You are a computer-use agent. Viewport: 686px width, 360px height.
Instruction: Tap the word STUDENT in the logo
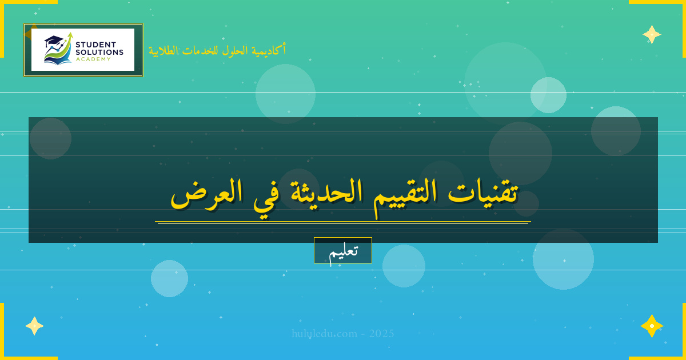pyautogui.click(x=95, y=45)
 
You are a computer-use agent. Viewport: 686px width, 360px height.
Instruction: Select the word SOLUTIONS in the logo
pyautogui.click(x=99, y=52)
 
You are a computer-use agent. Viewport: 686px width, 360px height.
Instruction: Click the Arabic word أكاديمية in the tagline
pyautogui.click(x=269, y=50)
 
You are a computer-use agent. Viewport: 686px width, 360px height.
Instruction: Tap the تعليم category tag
pyautogui.click(x=343, y=250)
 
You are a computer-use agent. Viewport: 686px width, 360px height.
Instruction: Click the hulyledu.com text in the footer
pyautogui.click(x=325, y=334)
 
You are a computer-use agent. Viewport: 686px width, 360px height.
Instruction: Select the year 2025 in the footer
pyautogui.click(x=382, y=334)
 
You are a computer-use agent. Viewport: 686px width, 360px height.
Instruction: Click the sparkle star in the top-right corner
pyautogui.click(x=652, y=34)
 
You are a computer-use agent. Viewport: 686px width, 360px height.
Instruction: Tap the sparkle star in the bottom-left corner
pyautogui.click(x=34, y=326)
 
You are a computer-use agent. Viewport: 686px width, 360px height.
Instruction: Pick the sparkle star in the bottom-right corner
pyautogui.click(x=652, y=326)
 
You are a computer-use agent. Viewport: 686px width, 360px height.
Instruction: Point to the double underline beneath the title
pyautogui.click(x=343, y=222)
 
